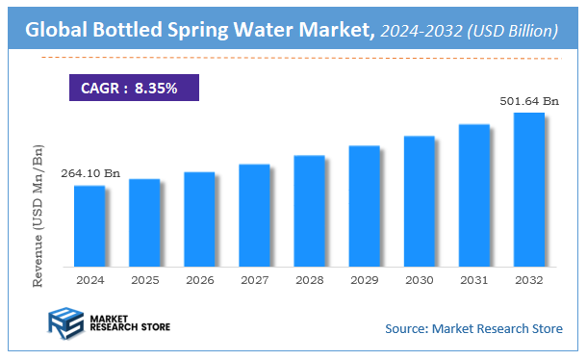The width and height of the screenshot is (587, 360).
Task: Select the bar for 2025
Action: (x=144, y=222)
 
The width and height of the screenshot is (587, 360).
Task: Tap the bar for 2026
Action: (x=199, y=219)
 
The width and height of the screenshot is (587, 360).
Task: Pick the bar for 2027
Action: (x=254, y=215)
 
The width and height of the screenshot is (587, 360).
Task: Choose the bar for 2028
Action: (x=309, y=210)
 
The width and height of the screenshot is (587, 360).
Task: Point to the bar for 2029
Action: (x=364, y=205)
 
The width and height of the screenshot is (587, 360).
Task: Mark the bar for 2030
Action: (x=419, y=200)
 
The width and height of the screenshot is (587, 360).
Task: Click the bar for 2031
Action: (x=473, y=194)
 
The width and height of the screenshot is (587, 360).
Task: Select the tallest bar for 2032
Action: (x=528, y=189)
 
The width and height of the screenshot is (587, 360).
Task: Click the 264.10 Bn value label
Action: (x=90, y=173)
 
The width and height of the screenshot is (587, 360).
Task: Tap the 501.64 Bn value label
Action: (x=529, y=100)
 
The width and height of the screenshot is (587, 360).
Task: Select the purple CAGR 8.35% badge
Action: (x=133, y=88)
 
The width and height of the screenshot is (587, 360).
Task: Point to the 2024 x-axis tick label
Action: (x=89, y=280)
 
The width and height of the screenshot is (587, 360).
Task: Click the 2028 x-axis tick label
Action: (x=309, y=280)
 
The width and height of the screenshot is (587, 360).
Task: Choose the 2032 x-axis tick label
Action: (x=528, y=280)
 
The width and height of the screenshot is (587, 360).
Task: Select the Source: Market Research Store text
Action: (x=473, y=329)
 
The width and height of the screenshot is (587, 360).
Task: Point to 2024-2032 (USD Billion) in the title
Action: (x=469, y=32)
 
